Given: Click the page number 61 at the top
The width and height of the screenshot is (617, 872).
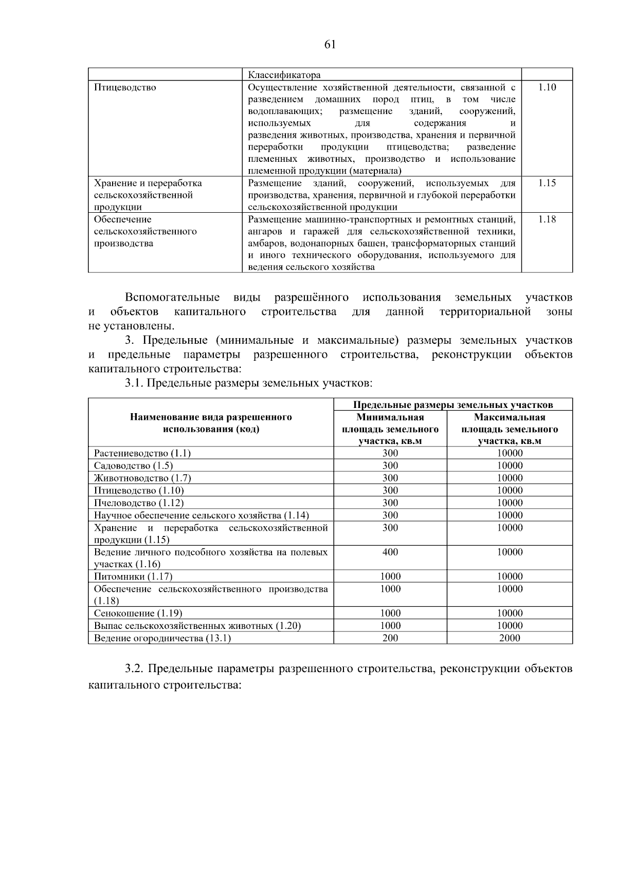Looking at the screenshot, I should click(x=330, y=45).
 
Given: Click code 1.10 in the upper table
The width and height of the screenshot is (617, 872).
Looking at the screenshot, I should click(x=547, y=87).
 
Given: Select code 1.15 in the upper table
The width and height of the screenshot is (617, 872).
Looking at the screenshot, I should click(x=547, y=183).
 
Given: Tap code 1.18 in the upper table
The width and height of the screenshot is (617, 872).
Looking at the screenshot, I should click(x=547, y=219).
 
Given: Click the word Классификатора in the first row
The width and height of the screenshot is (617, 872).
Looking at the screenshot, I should click(x=284, y=75).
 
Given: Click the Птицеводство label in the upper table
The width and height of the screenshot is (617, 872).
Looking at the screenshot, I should click(x=125, y=87).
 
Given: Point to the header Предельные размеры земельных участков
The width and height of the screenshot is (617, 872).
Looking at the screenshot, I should click(x=453, y=405).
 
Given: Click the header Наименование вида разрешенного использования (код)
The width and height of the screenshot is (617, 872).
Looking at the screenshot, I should click(x=211, y=423).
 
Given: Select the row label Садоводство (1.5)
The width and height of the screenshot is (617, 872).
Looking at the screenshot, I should click(x=133, y=466).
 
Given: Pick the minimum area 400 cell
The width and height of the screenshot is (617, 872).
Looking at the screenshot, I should click(x=390, y=552).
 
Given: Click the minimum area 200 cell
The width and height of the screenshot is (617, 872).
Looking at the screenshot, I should click(x=390, y=638).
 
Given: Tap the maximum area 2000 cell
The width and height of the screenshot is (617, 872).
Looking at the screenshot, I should click(x=510, y=638).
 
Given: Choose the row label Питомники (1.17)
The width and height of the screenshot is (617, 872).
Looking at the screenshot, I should click(x=133, y=577).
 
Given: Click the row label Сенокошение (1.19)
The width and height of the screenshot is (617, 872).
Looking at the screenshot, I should click(x=138, y=614).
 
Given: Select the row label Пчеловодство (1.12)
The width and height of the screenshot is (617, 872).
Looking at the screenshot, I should click(x=139, y=503).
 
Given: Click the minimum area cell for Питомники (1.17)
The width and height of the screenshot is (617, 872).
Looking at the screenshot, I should click(x=390, y=577).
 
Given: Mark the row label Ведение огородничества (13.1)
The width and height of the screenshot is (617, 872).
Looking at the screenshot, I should click(x=162, y=638).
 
